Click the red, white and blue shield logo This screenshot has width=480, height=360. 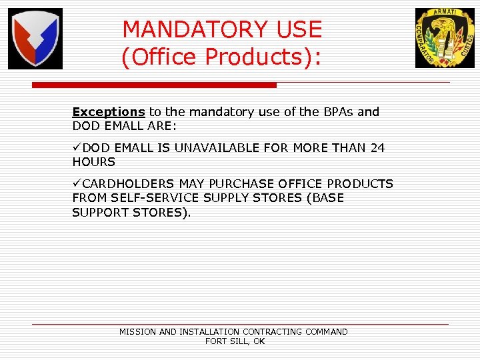click(35, 39)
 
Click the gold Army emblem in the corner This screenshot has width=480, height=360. click(445, 38)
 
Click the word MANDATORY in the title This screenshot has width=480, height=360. click(186, 29)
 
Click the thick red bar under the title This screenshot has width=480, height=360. click(154, 85)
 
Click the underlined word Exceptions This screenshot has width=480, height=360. click(108, 112)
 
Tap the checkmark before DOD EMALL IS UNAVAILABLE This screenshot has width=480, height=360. click(77, 147)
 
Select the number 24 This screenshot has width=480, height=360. click(377, 148)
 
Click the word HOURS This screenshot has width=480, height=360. click(94, 162)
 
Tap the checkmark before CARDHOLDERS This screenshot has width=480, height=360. click(77, 183)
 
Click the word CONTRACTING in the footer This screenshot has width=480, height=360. click(273, 331)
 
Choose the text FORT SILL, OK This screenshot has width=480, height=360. click(235, 341)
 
